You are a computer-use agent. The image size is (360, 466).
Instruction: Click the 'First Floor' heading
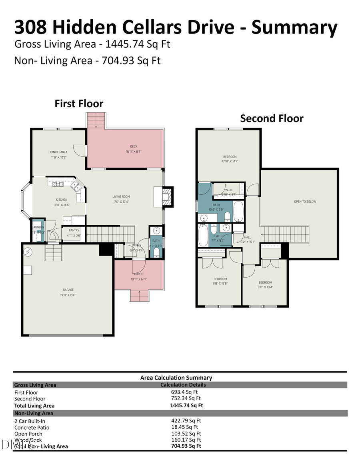click(79, 104)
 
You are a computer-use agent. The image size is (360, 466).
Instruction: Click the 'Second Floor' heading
click(272, 118)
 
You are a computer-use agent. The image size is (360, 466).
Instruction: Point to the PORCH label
click(139, 274)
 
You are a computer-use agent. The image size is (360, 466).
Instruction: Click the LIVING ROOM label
click(121, 196)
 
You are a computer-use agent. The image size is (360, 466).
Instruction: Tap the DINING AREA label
click(58, 152)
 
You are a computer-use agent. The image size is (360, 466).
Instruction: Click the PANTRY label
click(74, 230)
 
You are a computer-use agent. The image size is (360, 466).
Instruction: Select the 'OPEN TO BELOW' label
click(305, 202)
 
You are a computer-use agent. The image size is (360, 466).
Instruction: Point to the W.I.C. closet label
click(229, 190)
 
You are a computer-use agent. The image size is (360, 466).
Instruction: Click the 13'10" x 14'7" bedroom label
click(230, 156)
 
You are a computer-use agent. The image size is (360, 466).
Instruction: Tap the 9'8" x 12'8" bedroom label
click(220, 279)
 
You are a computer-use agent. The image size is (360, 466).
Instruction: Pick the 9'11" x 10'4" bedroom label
click(265, 282)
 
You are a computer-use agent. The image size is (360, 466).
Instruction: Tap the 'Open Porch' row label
click(28, 434)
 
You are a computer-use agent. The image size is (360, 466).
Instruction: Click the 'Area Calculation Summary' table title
click(176, 378)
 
